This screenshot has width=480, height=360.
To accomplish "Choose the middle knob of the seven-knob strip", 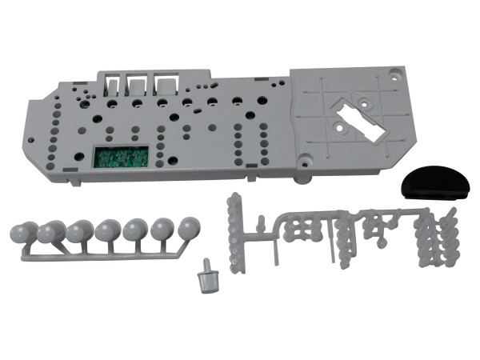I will click(106, 233).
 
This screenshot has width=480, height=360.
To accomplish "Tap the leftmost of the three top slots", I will click(110, 84).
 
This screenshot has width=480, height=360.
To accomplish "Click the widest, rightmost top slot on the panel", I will click(166, 83).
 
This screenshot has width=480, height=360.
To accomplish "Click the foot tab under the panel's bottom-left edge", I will click(73, 183).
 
